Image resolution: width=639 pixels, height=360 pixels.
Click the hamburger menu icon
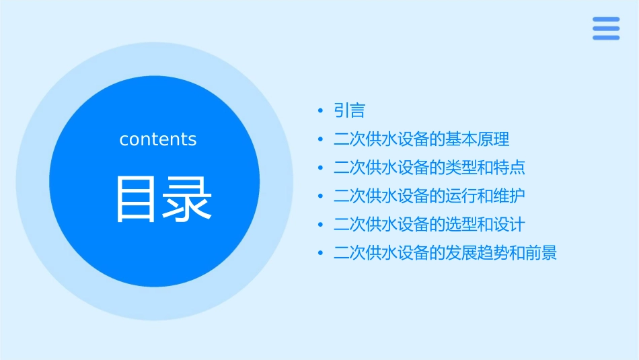coord(605,28)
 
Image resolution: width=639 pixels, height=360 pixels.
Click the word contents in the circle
coord(158,139)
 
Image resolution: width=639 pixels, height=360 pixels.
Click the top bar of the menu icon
coord(605,20)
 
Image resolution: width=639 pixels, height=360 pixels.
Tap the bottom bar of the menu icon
coord(605,38)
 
